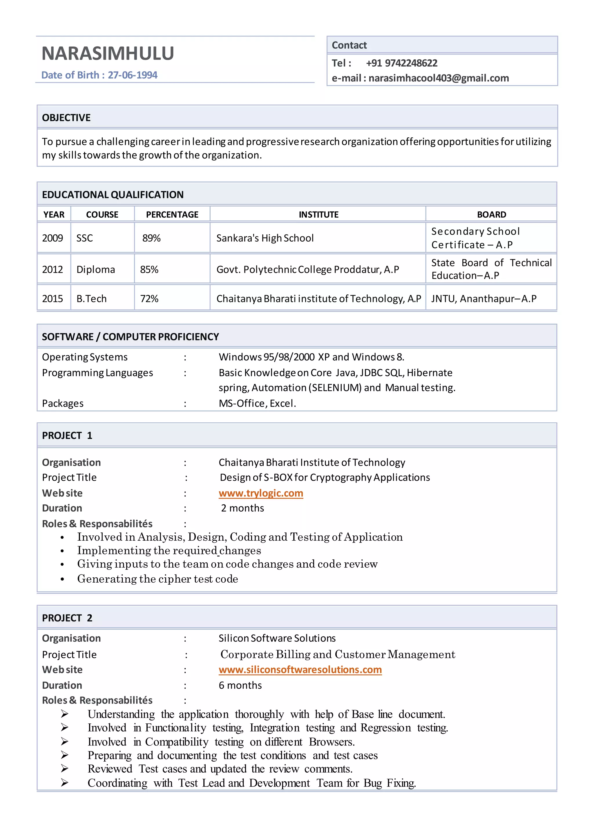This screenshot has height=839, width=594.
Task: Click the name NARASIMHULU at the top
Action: click(x=108, y=53)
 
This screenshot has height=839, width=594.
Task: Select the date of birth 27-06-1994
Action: click(x=133, y=75)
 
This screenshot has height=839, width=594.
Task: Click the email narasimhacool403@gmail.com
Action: click(x=438, y=78)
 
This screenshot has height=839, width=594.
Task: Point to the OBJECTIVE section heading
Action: click(x=66, y=118)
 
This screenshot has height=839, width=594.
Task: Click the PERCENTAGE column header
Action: click(x=172, y=214)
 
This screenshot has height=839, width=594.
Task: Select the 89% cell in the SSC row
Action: click(x=151, y=238)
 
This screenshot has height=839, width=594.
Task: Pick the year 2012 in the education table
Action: click(x=52, y=270)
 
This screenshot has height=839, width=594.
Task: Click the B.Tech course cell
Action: click(x=91, y=299)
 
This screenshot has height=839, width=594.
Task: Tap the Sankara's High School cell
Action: click(x=265, y=238)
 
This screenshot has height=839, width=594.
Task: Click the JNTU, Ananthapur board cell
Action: click(x=483, y=299)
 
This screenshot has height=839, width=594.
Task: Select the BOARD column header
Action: click(x=491, y=214)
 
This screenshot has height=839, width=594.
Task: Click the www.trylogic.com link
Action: click(x=261, y=493)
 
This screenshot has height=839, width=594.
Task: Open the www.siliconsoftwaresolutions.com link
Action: click(x=300, y=670)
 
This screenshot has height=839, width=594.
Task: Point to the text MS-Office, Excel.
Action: click(x=257, y=404)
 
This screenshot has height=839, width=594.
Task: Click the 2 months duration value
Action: click(x=242, y=508)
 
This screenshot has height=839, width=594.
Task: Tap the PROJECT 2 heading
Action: click(x=67, y=618)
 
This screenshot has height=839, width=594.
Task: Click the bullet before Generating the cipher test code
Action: click(x=63, y=579)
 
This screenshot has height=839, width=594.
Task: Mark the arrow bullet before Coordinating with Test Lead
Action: click(x=64, y=783)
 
